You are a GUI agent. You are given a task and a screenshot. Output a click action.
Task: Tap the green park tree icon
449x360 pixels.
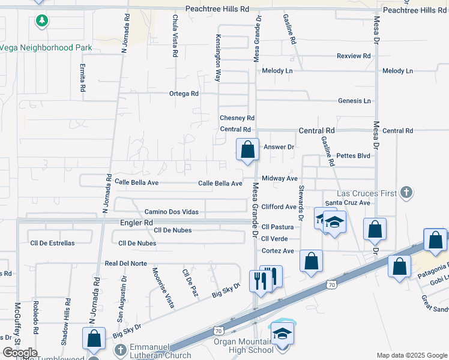click(41, 22)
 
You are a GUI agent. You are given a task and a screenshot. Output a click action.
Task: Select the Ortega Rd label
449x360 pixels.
click(184, 94)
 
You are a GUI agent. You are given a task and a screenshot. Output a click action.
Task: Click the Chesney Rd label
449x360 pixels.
click(237, 118)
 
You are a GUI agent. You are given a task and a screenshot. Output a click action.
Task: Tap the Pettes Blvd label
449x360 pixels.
click(354, 155)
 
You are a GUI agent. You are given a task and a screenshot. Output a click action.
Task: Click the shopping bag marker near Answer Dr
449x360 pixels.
click(247, 150)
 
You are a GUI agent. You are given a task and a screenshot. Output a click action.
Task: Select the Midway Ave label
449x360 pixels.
click(280, 179)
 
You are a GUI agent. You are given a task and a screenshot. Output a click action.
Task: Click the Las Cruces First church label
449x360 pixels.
click(367, 193)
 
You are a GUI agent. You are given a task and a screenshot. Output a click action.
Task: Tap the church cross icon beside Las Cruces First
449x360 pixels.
click(406, 193)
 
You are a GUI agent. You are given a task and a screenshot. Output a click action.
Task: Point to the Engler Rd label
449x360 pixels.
click(139, 223)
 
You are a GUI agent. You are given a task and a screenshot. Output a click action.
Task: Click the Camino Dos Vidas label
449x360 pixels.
click(172, 212)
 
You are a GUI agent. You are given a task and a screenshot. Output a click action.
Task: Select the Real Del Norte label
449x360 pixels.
click(126, 263)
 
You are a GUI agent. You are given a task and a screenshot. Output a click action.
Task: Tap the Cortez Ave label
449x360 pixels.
click(278, 251)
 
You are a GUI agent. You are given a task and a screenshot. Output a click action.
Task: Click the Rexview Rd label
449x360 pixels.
click(354, 56)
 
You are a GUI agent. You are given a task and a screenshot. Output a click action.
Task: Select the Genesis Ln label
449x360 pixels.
click(354, 101)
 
